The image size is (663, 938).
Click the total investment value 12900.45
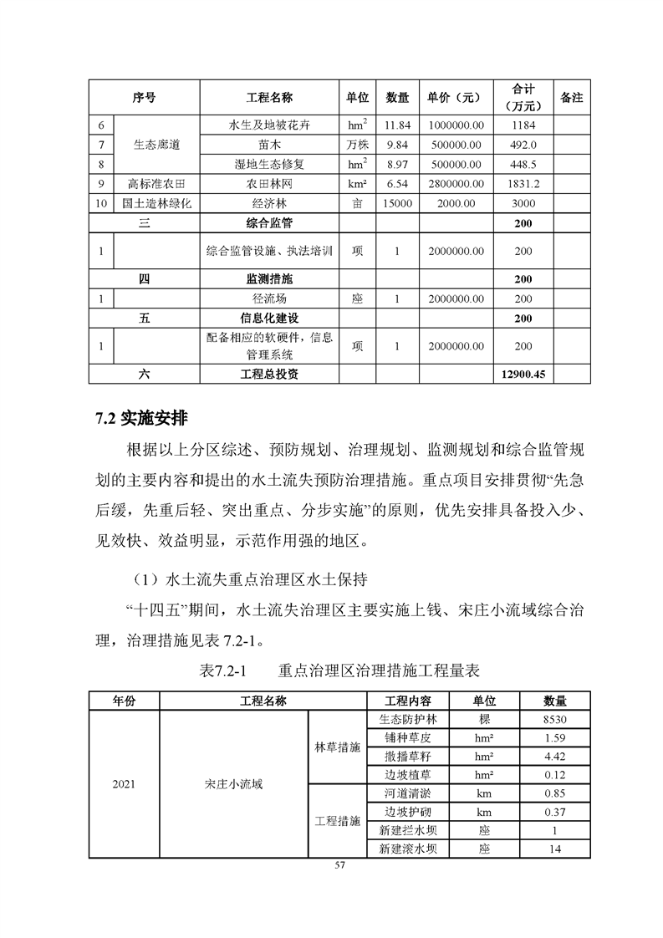pos(523,375)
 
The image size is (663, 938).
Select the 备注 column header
pos(571,98)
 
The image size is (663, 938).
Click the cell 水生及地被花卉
pos(269,125)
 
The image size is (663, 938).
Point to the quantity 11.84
pos(393,125)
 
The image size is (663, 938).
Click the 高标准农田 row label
pos(156,183)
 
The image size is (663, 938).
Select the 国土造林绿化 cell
pos(156,203)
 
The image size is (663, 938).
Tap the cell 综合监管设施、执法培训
pos(269,251)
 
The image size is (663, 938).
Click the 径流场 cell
pos(269,298)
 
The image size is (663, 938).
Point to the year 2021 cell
pos(122,784)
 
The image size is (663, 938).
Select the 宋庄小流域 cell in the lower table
pos(233,784)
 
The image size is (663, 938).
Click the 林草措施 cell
pos(337,747)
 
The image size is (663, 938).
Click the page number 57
pos(339,864)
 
